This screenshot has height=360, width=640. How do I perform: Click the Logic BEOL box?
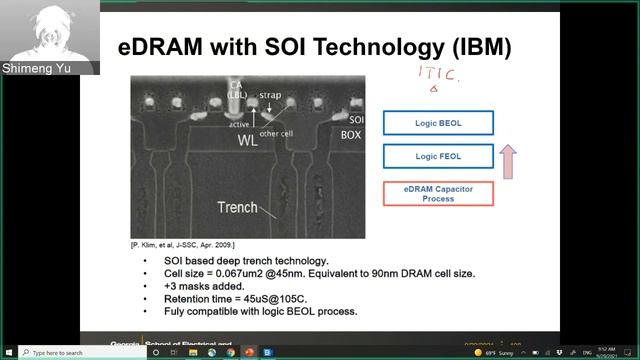tap(438, 123)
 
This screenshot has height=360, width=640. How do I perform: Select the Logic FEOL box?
tap(438, 156)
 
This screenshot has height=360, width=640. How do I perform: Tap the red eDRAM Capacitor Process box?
tap(438, 194)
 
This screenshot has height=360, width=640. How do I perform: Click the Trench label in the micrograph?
tap(238, 207)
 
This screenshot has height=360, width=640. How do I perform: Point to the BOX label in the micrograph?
tap(351, 133)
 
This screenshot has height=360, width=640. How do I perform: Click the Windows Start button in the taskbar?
tap(7, 353)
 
